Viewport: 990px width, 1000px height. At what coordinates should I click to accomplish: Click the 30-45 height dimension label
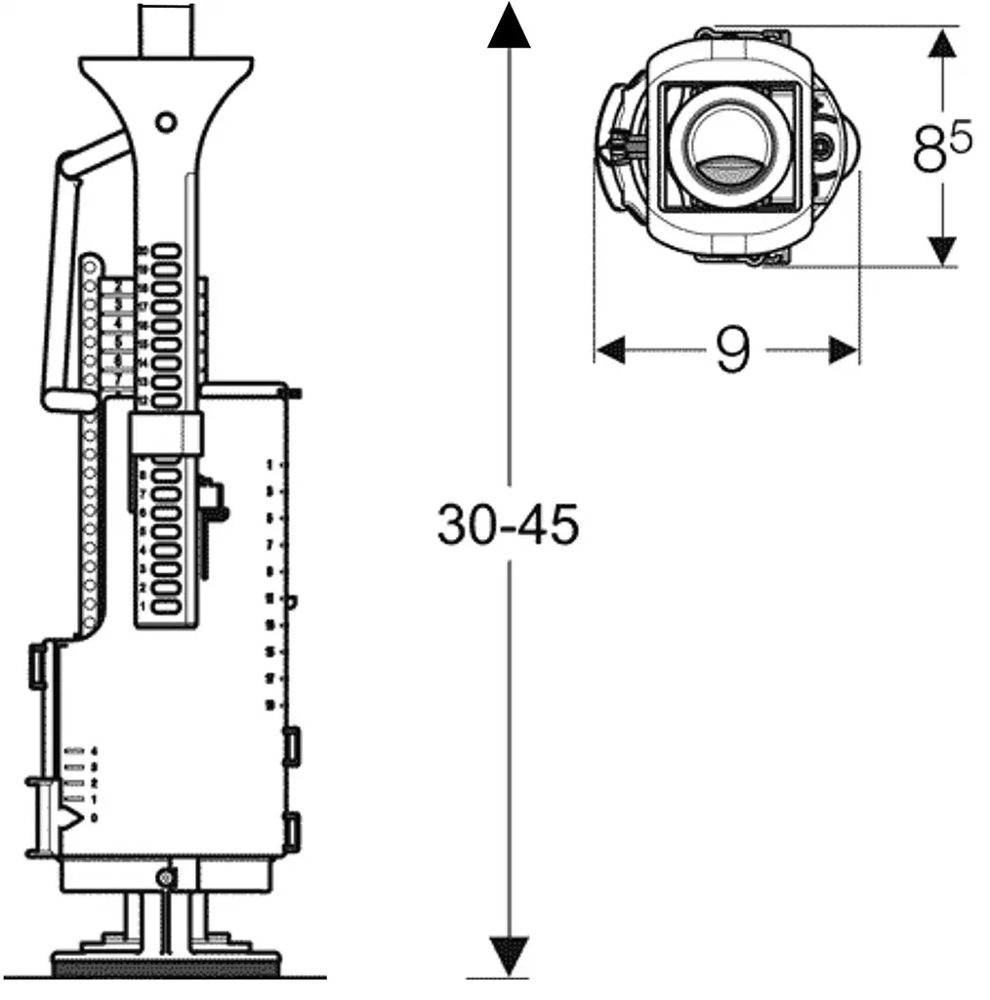(x=507, y=526)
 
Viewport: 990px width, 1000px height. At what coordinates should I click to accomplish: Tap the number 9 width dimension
(x=731, y=350)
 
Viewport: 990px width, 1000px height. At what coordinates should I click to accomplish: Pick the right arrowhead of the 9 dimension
(x=844, y=350)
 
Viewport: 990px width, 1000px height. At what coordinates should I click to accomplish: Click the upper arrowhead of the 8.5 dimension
(x=941, y=43)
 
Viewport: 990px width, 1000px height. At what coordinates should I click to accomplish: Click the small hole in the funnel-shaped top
(x=166, y=122)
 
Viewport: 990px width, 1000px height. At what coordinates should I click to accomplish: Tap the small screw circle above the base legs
(x=166, y=878)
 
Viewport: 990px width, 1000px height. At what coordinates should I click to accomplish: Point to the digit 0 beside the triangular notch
(x=94, y=816)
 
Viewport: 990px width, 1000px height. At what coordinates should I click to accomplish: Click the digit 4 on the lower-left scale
(x=94, y=751)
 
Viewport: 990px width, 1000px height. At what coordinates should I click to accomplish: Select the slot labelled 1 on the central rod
(x=165, y=606)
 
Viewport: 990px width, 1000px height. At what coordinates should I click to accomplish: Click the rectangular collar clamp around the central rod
(x=164, y=433)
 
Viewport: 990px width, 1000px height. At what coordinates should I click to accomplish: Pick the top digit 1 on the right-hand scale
(x=269, y=465)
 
